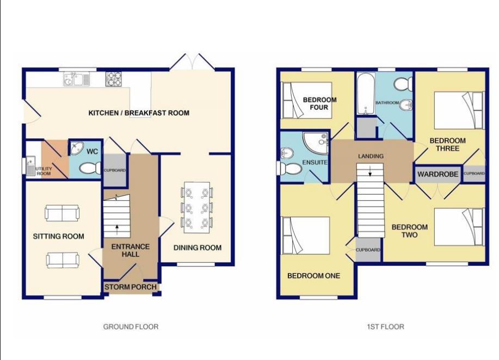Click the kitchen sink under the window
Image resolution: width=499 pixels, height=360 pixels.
pos(76,80)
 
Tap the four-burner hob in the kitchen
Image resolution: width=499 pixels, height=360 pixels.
pos(114,79)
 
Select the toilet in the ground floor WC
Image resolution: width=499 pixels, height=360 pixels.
pos(88,169)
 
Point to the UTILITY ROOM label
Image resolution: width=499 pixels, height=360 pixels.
pos(44,171)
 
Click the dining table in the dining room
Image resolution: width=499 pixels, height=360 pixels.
pos(196,207)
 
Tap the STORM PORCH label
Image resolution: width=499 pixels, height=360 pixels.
pos(131,287)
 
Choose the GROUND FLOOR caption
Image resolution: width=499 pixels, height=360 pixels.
pos(131,327)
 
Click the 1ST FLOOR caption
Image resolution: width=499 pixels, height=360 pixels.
pos(385,327)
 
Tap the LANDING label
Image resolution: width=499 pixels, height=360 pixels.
pos(371,156)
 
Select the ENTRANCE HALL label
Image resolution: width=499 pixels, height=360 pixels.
pos(131,251)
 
